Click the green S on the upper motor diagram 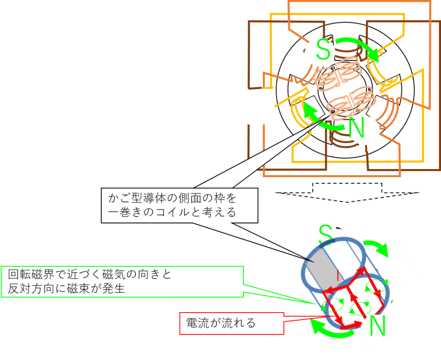point(323,49)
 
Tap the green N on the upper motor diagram point(356,128)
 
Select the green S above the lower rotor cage point(326,235)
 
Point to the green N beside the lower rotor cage point(377,326)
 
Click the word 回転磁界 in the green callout point(31,274)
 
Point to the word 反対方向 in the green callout point(31,288)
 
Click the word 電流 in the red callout point(198,323)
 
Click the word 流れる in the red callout point(239,323)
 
